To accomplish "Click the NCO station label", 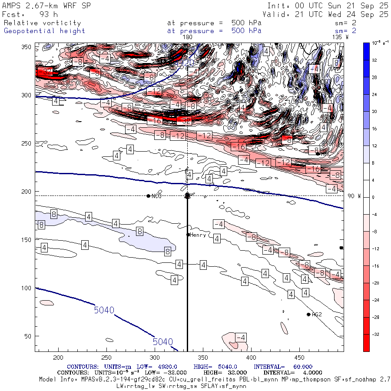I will point(156,196).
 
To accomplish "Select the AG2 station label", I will point(317,315).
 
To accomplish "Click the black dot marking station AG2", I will point(308,315).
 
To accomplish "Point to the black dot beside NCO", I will point(149,196).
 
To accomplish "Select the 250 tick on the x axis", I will point(106,358).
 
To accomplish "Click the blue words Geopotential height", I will point(44,31).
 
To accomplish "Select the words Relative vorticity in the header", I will point(42,23).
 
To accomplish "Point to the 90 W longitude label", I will point(354,196).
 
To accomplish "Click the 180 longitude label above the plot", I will point(188,37).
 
